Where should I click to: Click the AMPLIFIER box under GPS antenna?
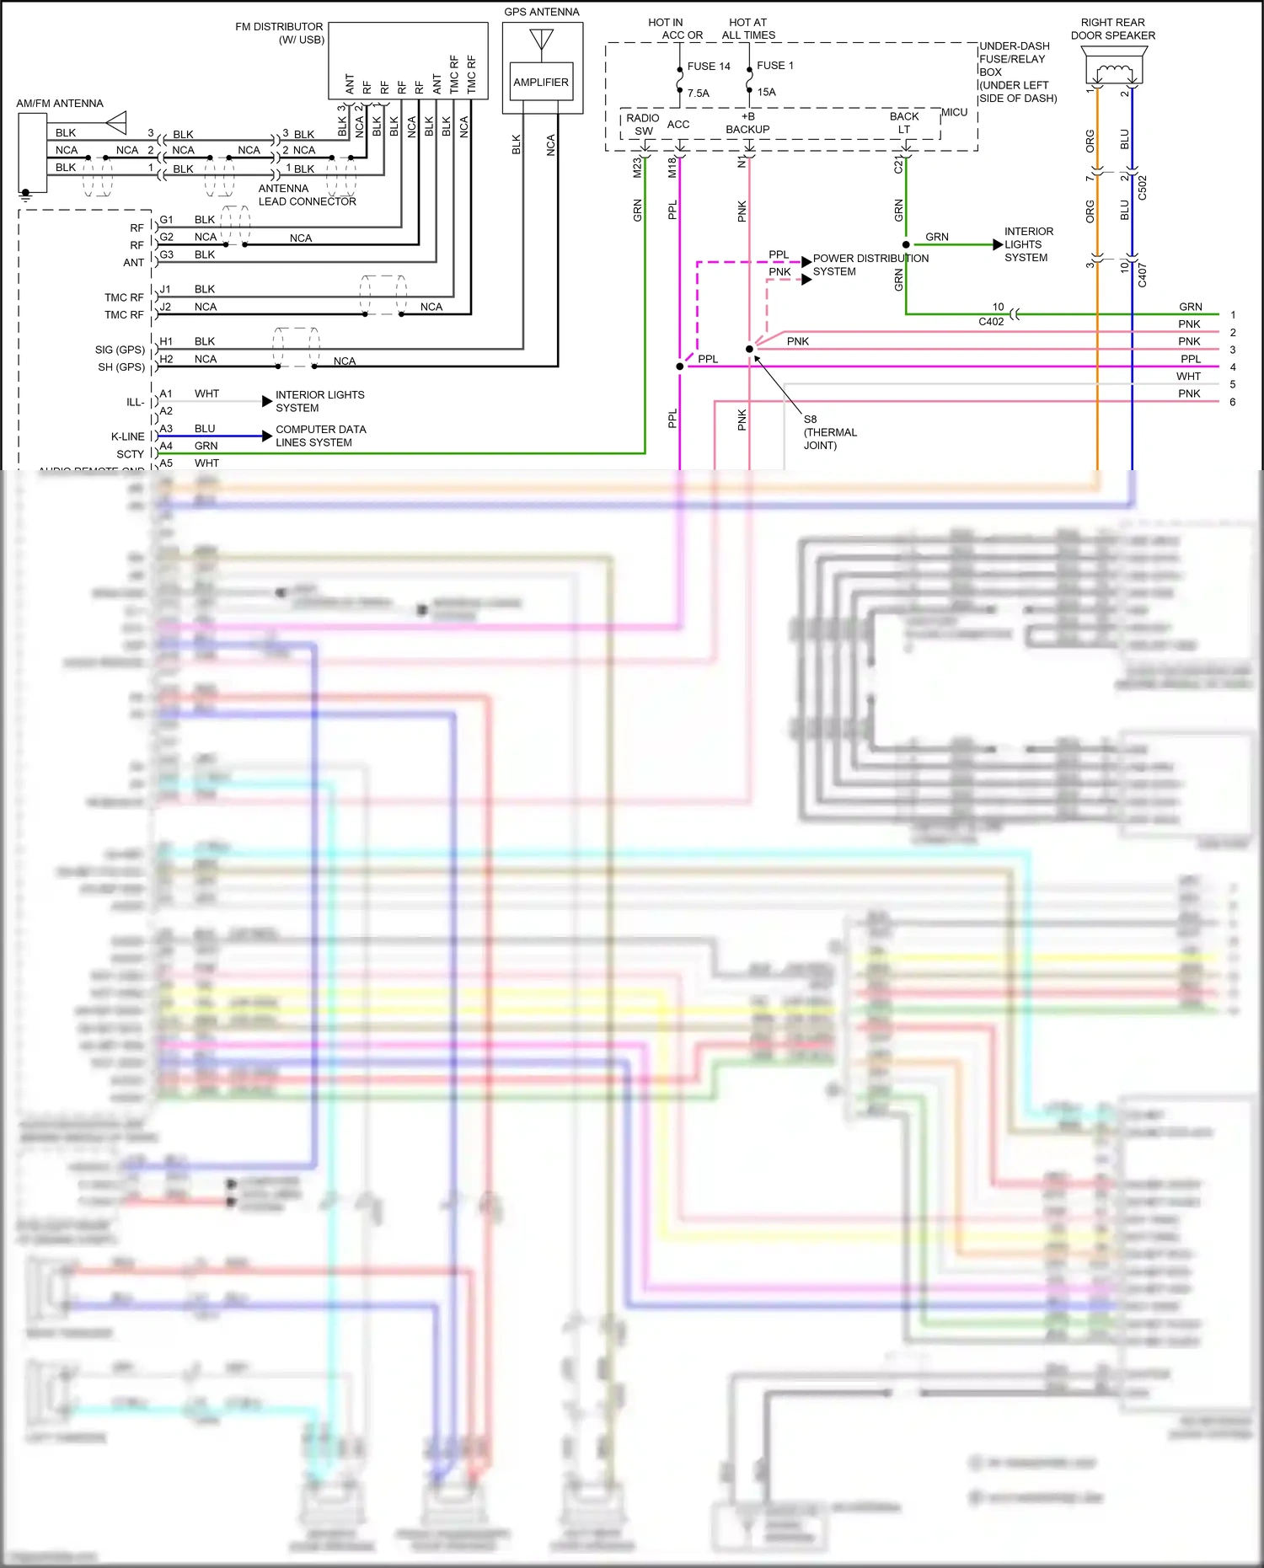pos(541,83)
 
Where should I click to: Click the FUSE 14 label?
pos(709,67)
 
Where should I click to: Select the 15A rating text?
pos(766,93)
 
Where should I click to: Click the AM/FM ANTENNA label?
pos(60,104)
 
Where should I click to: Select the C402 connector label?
pos(991,322)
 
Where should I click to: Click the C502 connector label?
pos(1143,187)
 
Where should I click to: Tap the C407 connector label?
pos(1143,275)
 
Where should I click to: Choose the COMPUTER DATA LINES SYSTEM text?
pos(320,436)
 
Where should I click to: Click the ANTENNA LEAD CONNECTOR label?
pos(307,195)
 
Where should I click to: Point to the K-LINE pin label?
pos(128,436)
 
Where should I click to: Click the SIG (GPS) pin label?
pos(120,350)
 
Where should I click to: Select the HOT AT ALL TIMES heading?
pos(748,29)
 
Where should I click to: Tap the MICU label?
pos(954,112)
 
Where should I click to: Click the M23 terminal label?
pos(637,168)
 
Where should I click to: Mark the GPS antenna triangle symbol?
pos(541,39)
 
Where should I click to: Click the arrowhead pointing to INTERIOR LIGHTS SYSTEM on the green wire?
pos(998,244)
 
